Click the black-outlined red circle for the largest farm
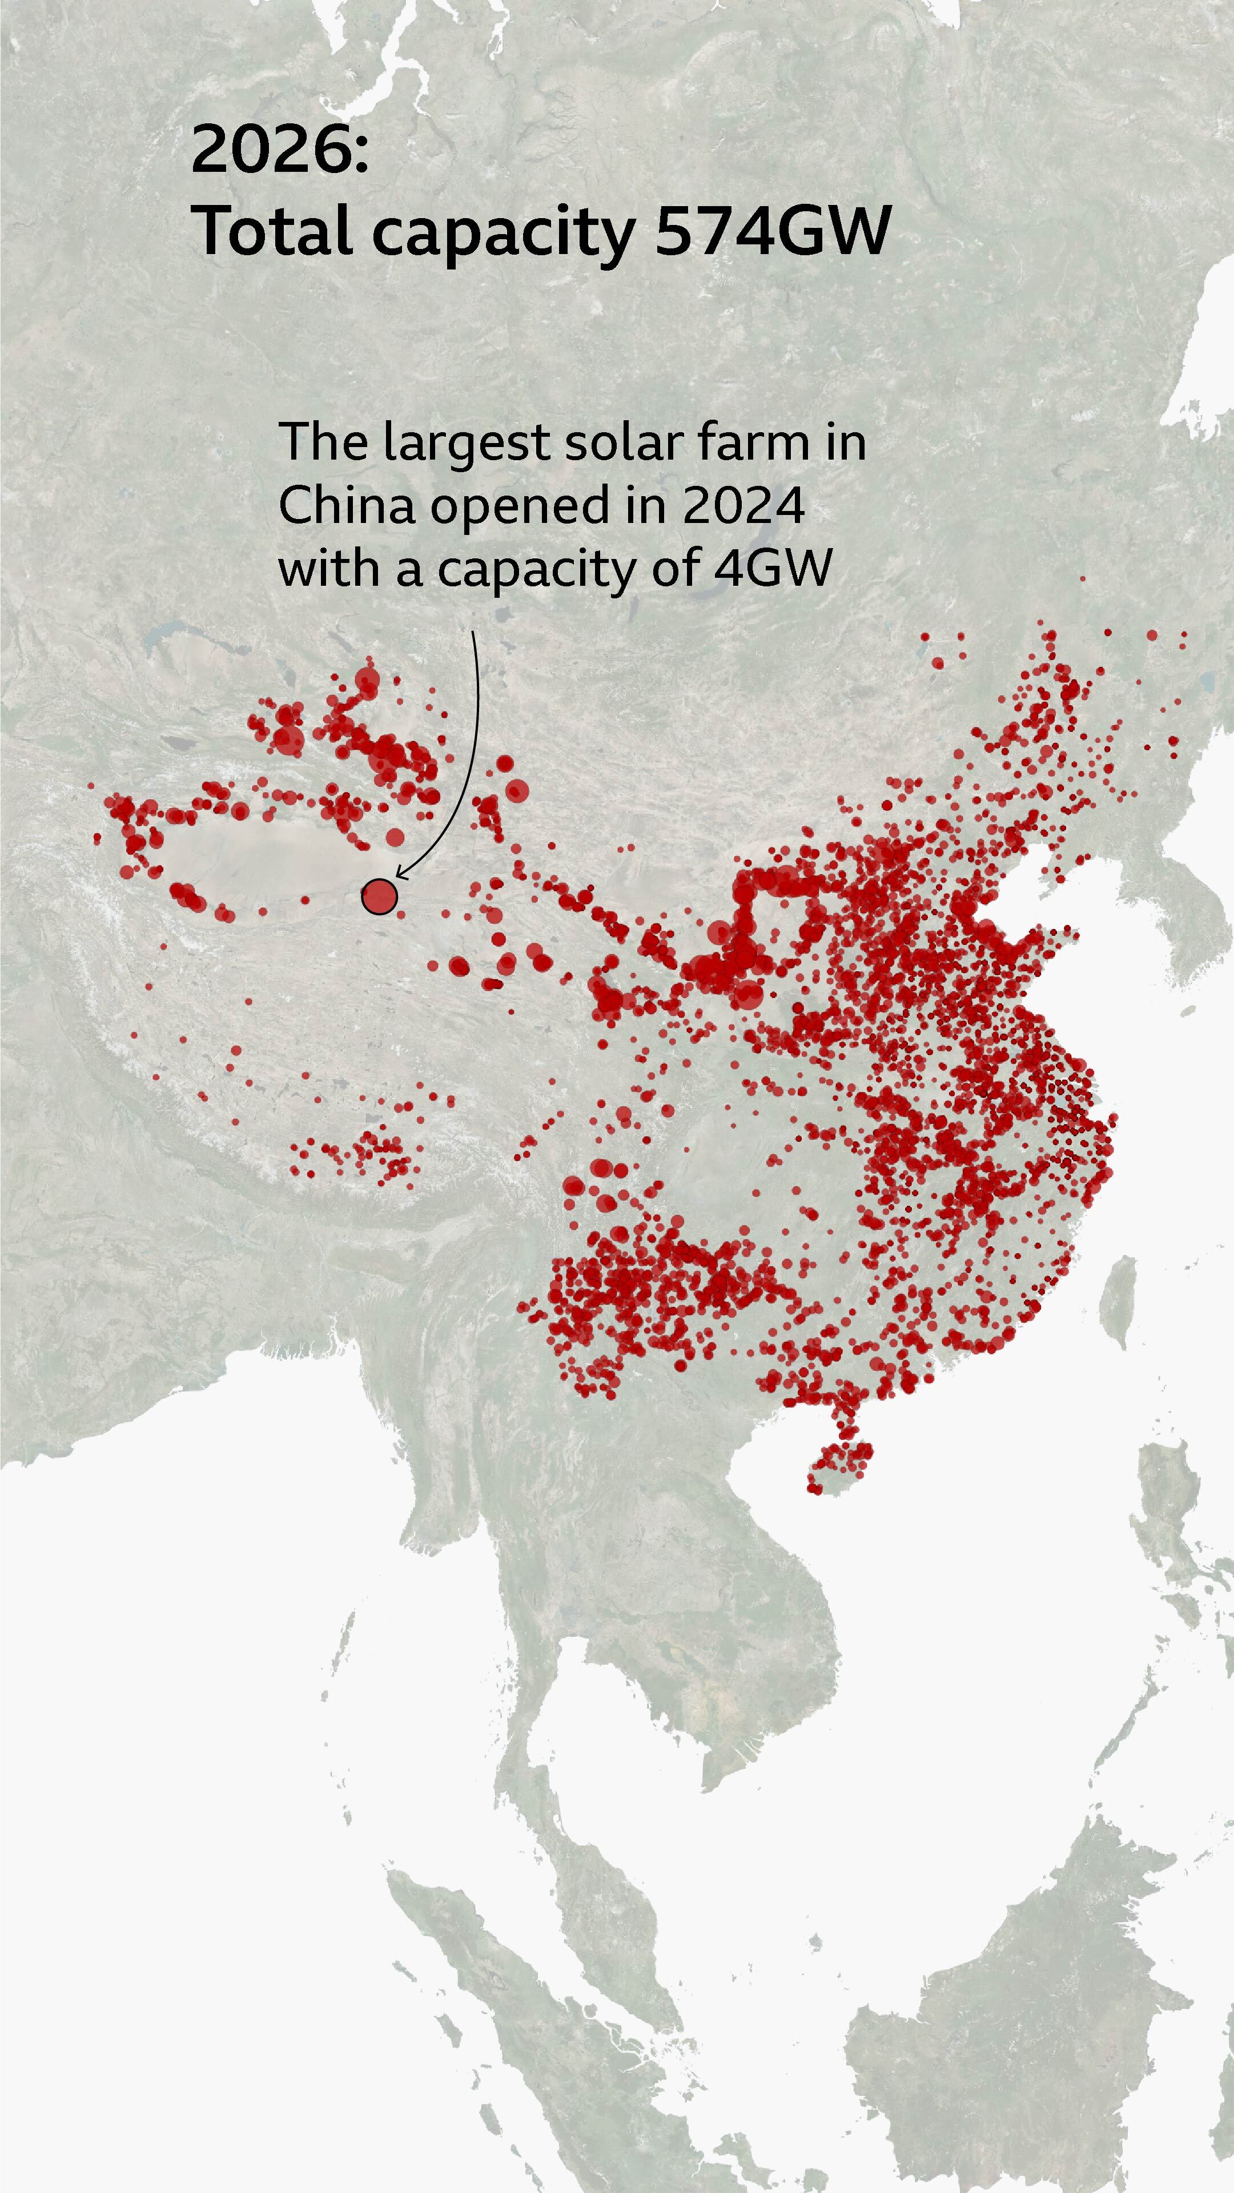(x=379, y=896)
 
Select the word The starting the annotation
(x=324, y=442)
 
